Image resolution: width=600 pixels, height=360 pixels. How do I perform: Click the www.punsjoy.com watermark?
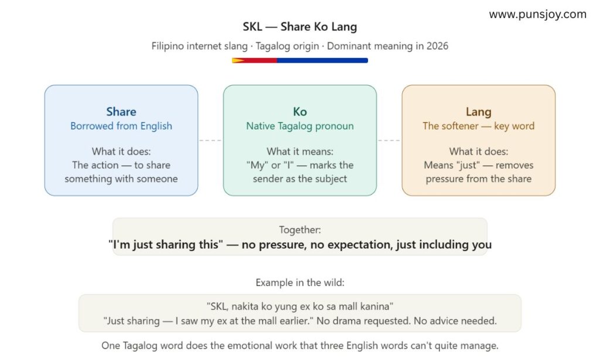[x=537, y=14]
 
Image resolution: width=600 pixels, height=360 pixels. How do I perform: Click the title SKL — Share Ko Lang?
[x=299, y=27]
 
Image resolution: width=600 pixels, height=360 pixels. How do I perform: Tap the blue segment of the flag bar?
[x=322, y=60]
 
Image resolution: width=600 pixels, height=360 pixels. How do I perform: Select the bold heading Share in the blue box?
[x=121, y=111]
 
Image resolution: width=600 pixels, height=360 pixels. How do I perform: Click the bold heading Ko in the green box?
[x=299, y=111]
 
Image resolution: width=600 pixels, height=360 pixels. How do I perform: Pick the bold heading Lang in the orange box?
[x=478, y=111]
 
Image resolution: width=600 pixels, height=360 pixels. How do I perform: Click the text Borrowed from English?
[x=121, y=126]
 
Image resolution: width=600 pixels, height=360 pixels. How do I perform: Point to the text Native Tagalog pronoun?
[x=299, y=126]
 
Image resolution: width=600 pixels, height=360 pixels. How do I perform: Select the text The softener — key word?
[x=478, y=126]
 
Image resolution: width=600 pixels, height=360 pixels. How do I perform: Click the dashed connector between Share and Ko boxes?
[x=210, y=141]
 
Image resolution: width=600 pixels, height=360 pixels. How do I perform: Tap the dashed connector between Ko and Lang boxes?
[x=389, y=141]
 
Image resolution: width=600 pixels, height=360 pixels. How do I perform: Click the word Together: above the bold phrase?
[x=299, y=230]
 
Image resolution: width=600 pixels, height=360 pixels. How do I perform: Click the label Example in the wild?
[x=299, y=283]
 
